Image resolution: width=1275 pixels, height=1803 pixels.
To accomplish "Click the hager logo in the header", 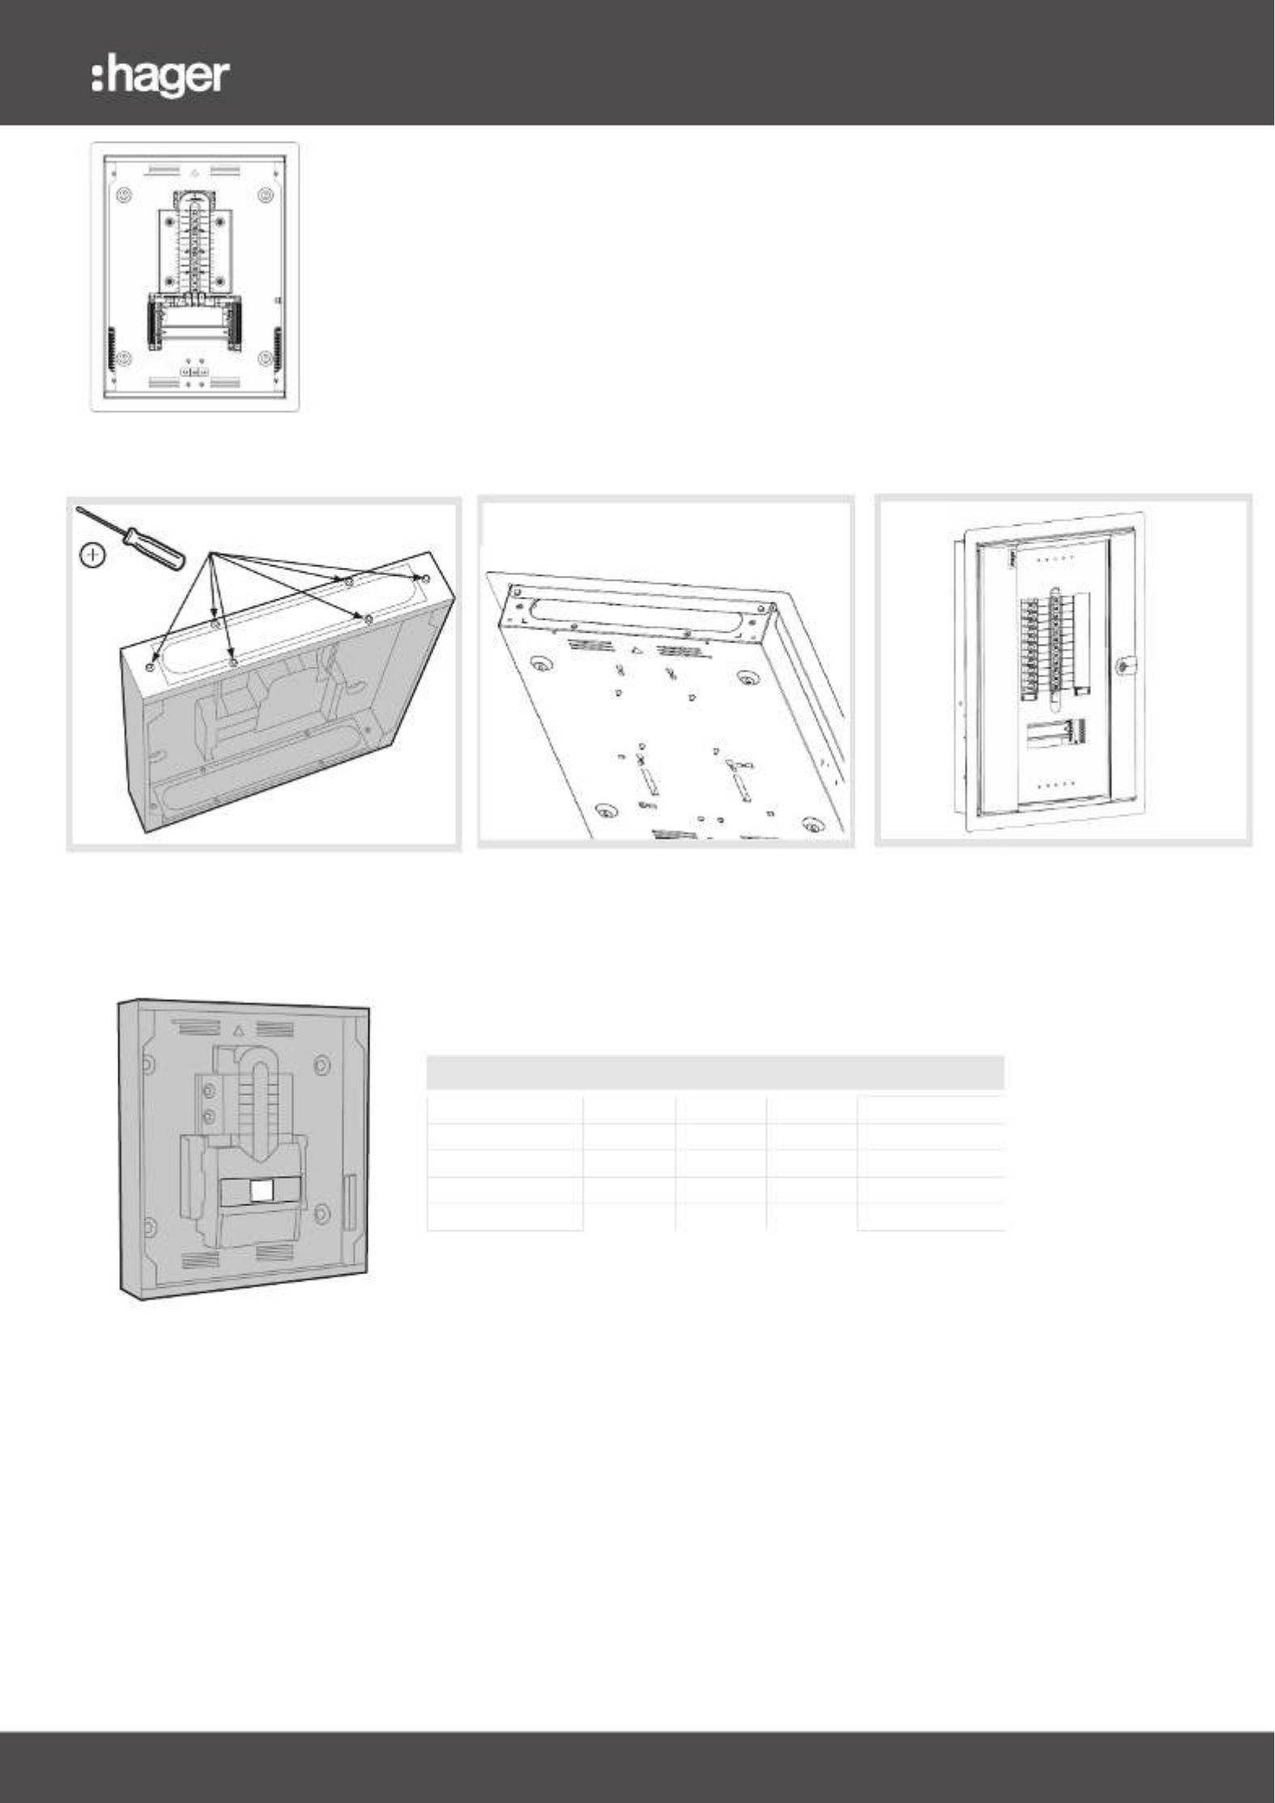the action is coord(160,78).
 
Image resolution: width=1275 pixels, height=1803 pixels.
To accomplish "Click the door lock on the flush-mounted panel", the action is coord(1121,667).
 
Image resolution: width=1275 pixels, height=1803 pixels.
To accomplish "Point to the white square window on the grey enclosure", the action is coord(262,1190).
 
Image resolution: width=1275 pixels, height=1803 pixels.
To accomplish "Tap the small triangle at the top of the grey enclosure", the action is coord(238,1031).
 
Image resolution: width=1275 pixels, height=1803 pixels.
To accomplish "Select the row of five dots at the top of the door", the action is coord(1056,558).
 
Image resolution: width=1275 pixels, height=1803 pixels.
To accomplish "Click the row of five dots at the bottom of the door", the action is coord(1056,784).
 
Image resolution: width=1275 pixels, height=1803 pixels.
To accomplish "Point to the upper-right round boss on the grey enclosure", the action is coord(322,1063).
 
